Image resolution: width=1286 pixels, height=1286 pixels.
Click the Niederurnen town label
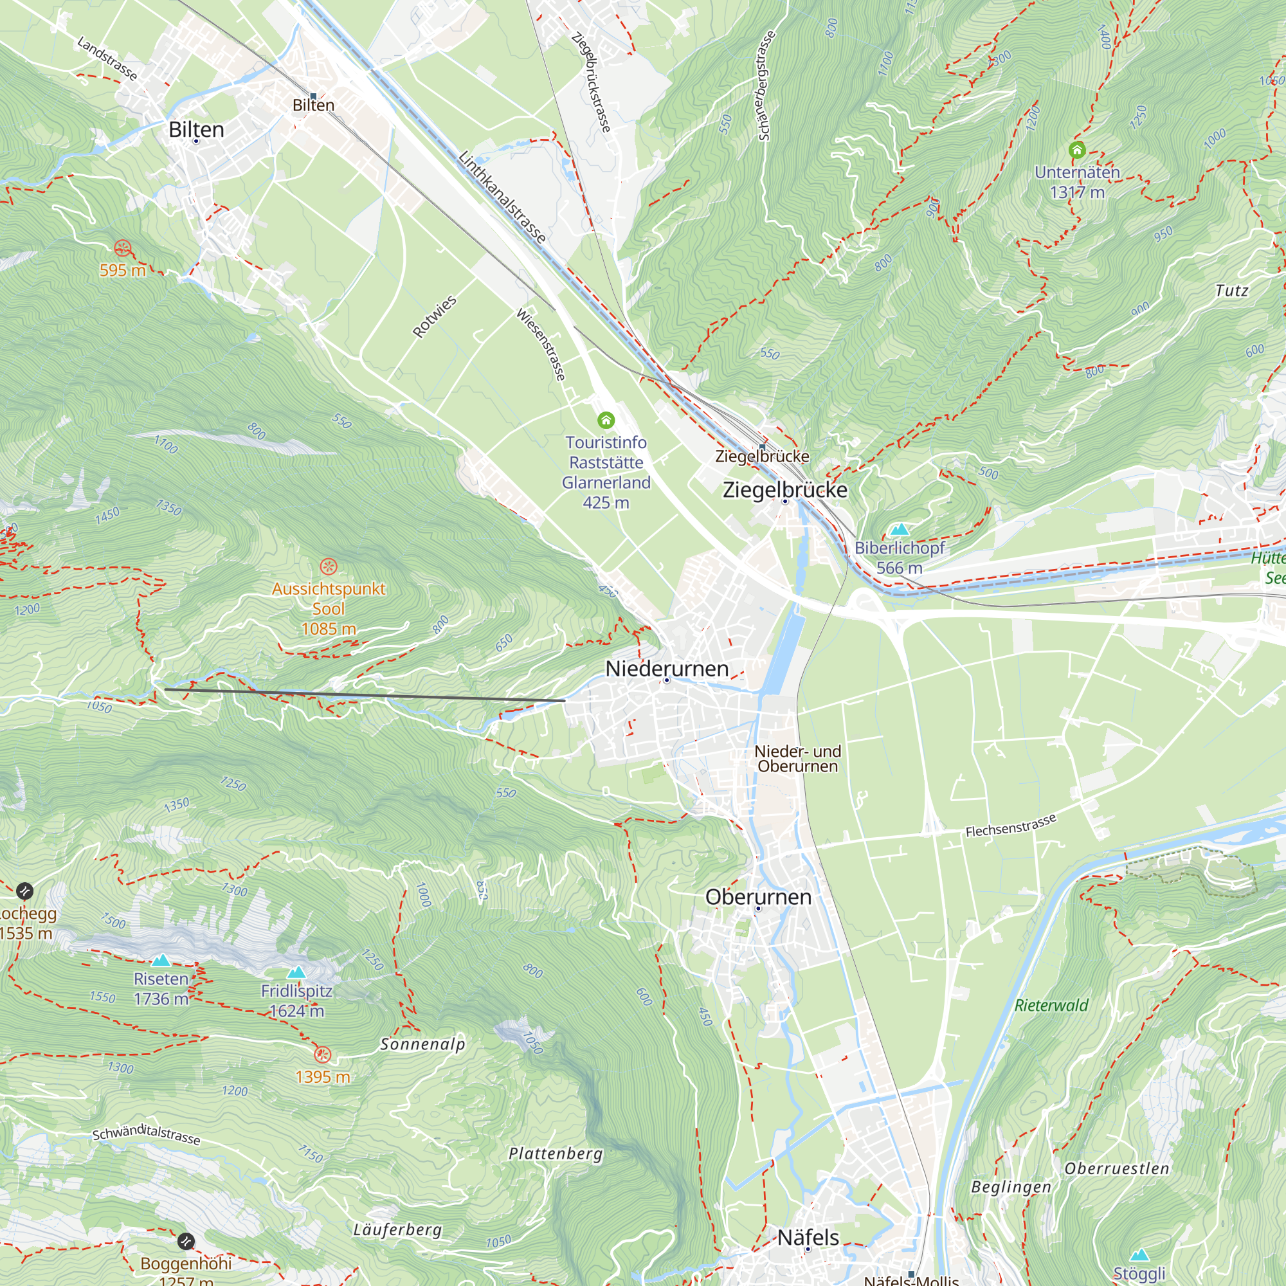[x=666, y=668]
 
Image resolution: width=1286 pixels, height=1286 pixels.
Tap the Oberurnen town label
[x=758, y=896]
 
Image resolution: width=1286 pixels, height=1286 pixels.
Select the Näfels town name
[x=808, y=1237]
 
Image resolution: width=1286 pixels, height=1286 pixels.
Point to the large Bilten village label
[x=196, y=129]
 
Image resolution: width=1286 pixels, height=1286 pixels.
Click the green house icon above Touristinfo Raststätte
[x=606, y=420]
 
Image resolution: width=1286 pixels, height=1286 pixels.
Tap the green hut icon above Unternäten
[x=1077, y=150]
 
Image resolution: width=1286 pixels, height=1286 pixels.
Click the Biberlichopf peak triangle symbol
[x=900, y=530]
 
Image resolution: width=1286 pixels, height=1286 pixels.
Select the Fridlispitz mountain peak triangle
[x=296, y=972]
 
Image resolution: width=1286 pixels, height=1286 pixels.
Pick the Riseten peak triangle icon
[x=161, y=961]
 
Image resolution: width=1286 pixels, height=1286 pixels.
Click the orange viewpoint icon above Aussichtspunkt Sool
[x=329, y=566]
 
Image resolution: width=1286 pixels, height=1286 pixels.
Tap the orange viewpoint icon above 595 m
[x=122, y=249]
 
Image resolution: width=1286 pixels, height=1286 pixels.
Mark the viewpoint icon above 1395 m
[x=322, y=1055]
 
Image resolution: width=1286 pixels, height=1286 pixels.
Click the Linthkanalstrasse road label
[x=503, y=197]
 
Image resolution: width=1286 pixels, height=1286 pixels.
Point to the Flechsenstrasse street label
[x=1010, y=826]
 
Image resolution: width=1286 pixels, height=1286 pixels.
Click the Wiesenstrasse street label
[x=541, y=344]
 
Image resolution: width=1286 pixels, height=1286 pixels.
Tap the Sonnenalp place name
[x=422, y=1044]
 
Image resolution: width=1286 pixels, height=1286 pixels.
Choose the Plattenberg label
[x=555, y=1154]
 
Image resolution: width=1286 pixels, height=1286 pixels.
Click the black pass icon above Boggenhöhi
[x=186, y=1242]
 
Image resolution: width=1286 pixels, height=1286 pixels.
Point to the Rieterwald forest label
[x=1051, y=1005]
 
